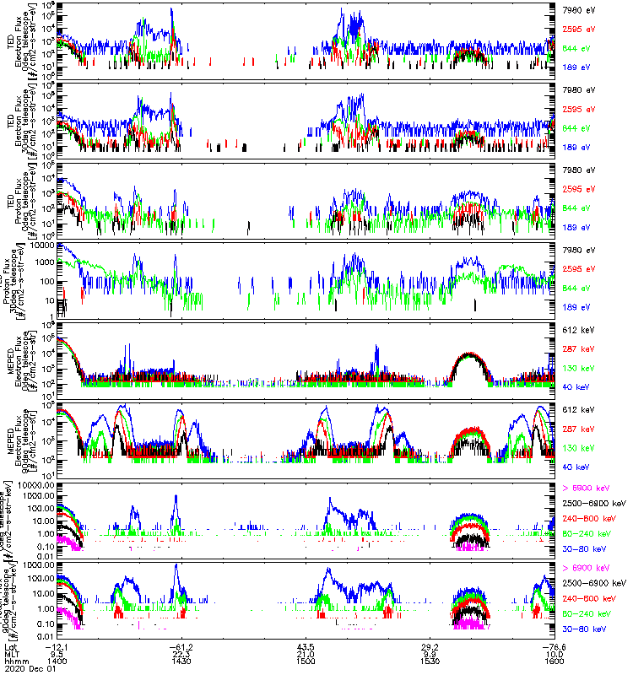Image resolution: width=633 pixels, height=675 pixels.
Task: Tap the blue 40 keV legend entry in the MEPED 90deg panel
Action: pos(571,467)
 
